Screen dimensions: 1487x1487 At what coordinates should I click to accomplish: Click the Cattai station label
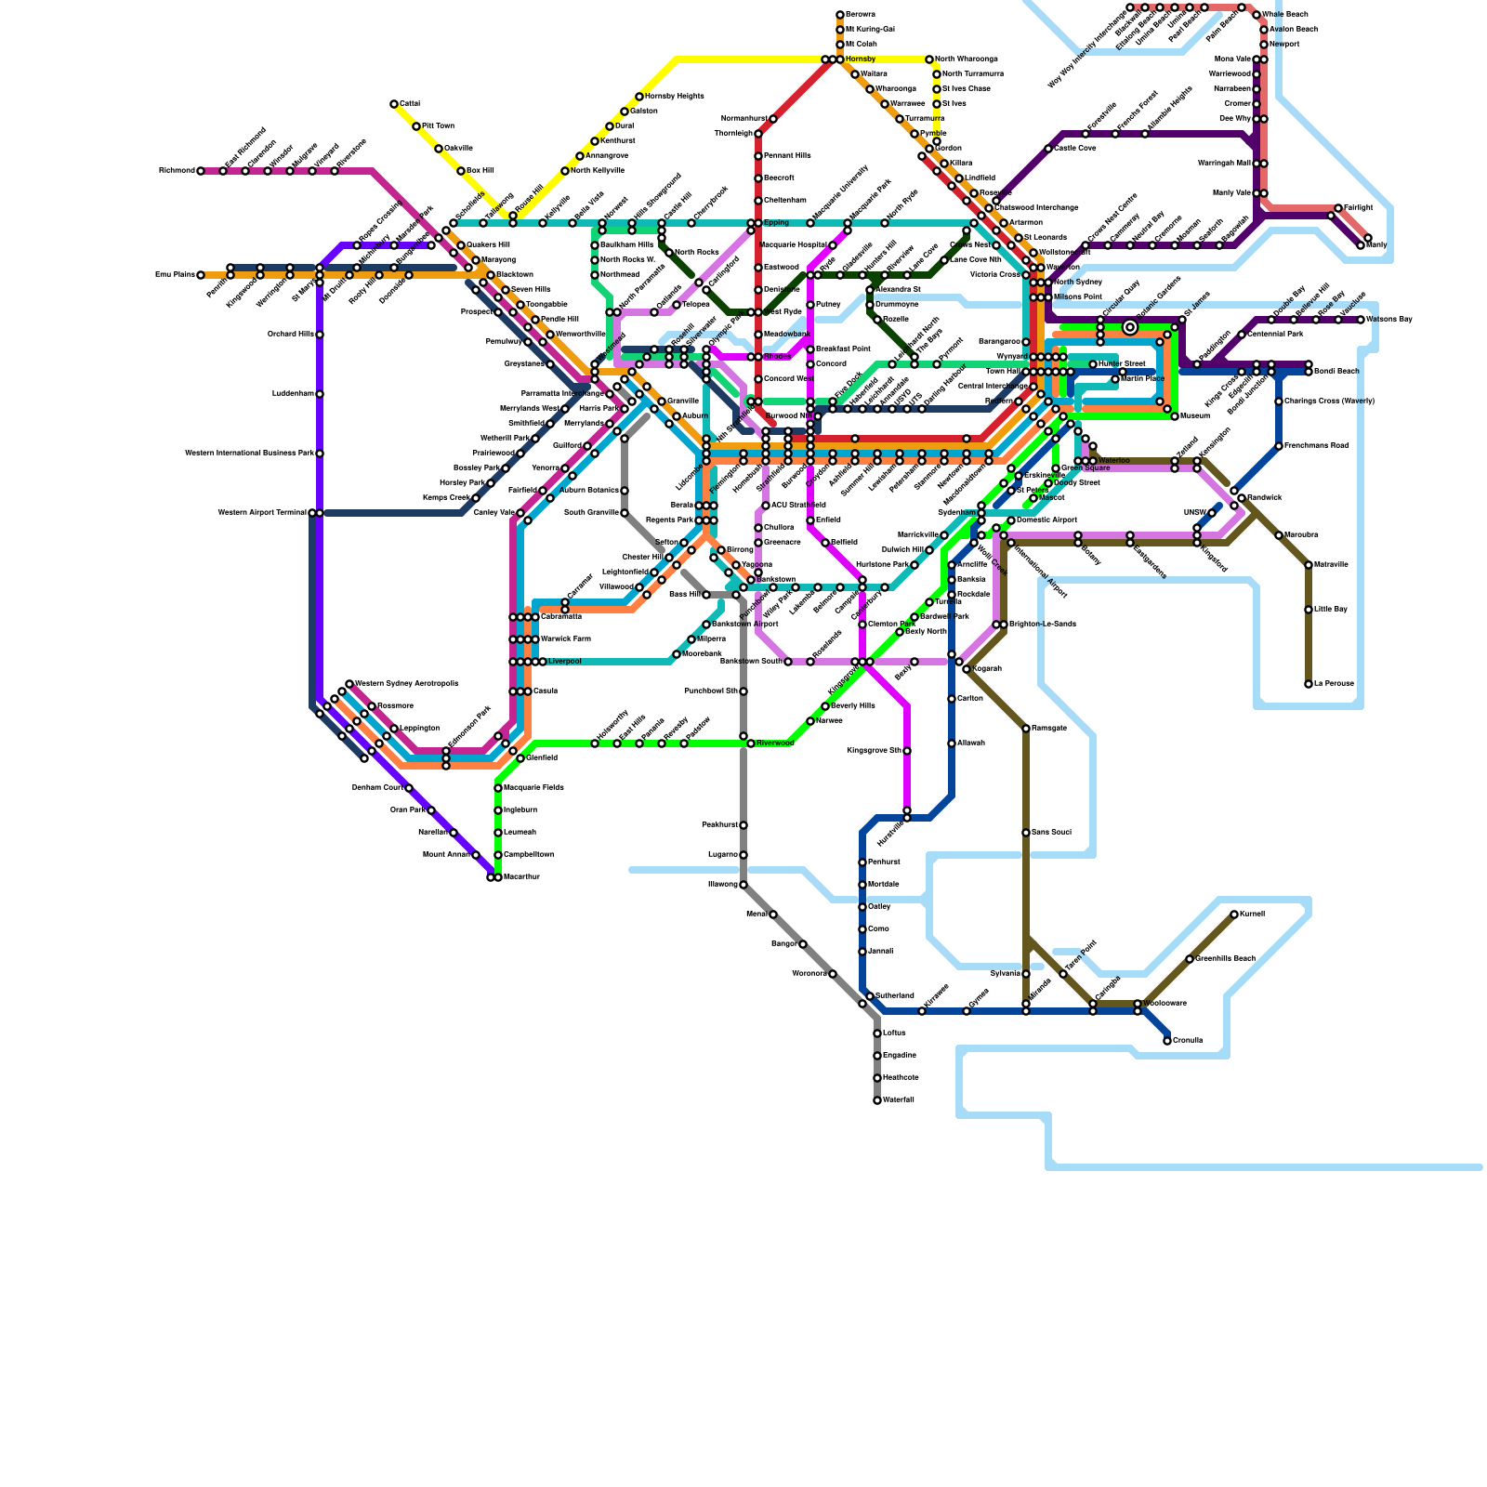click(x=410, y=103)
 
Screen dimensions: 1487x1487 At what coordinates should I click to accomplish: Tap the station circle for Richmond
click(x=201, y=171)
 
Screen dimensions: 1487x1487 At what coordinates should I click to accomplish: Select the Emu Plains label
click(x=175, y=275)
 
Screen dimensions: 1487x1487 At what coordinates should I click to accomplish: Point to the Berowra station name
click(x=860, y=15)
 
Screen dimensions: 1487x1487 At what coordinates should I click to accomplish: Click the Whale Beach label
click(x=1285, y=15)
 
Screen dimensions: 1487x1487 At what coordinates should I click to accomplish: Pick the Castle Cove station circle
click(x=1048, y=149)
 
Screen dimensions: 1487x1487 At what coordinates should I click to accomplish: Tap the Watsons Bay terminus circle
click(x=1361, y=320)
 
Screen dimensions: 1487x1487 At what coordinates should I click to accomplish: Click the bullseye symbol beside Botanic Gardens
click(x=1130, y=327)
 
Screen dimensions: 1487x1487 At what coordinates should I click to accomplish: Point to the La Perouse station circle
click(x=1309, y=684)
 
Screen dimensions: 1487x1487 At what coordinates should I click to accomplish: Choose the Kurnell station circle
click(x=1234, y=915)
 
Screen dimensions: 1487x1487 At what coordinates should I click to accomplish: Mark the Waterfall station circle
click(x=877, y=1100)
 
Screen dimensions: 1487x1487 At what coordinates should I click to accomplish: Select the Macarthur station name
click(x=520, y=877)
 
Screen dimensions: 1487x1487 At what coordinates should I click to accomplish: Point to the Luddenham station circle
click(x=320, y=394)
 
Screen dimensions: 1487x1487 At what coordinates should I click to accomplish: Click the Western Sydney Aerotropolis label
click(x=406, y=684)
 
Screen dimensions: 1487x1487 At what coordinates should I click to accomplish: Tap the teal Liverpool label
click(x=564, y=662)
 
